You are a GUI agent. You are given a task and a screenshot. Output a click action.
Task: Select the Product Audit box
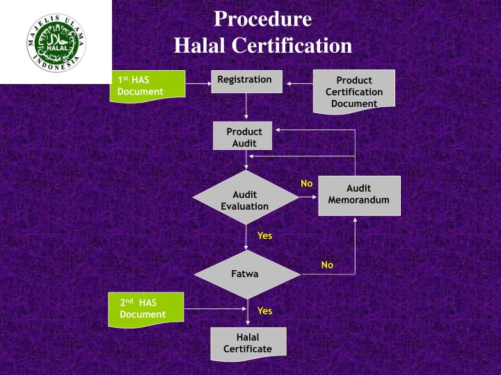(x=244, y=137)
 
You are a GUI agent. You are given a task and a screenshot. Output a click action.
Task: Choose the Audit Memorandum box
(x=359, y=195)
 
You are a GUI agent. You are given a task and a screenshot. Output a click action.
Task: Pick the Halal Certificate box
(x=247, y=342)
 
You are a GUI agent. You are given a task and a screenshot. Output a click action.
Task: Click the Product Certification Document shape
(x=353, y=91)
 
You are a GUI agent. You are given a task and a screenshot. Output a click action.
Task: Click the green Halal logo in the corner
(x=56, y=41)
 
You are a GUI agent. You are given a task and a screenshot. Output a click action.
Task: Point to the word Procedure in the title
(x=263, y=18)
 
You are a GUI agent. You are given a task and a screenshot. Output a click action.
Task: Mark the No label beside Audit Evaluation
(x=307, y=183)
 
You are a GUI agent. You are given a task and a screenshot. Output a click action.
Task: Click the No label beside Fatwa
(x=327, y=265)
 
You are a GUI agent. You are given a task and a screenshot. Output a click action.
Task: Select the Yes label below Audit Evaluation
(x=264, y=235)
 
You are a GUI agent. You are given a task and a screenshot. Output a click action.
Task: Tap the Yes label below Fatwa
(x=264, y=310)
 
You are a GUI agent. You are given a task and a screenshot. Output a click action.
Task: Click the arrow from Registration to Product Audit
(x=246, y=108)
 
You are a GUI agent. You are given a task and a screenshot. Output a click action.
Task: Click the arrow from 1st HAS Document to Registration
(x=198, y=85)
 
